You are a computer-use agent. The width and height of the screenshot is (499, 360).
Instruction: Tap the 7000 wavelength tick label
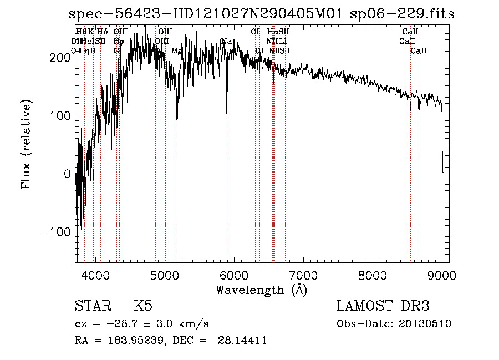[x=303, y=275]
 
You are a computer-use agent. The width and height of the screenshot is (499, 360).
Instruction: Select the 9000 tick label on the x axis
[x=441, y=275]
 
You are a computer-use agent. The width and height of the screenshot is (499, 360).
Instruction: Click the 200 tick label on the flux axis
[x=60, y=57]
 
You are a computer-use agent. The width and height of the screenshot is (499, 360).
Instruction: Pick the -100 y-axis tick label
[x=55, y=231]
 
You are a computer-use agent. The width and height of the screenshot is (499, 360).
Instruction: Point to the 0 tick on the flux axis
[x=67, y=173]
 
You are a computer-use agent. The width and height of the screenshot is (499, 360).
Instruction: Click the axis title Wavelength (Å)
[x=261, y=290]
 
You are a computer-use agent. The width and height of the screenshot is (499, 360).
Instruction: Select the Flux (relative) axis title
[x=26, y=144]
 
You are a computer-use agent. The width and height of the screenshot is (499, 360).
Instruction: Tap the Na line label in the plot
[x=226, y=42]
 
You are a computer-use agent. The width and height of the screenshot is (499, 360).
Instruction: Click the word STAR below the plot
[x=93, y=306]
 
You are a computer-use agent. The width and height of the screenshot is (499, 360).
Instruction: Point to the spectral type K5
[x=143, y=306]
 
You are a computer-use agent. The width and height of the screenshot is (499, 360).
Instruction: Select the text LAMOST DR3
[x=383, y=306]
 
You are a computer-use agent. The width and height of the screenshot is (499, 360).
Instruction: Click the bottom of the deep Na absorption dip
[x=227, y=114]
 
